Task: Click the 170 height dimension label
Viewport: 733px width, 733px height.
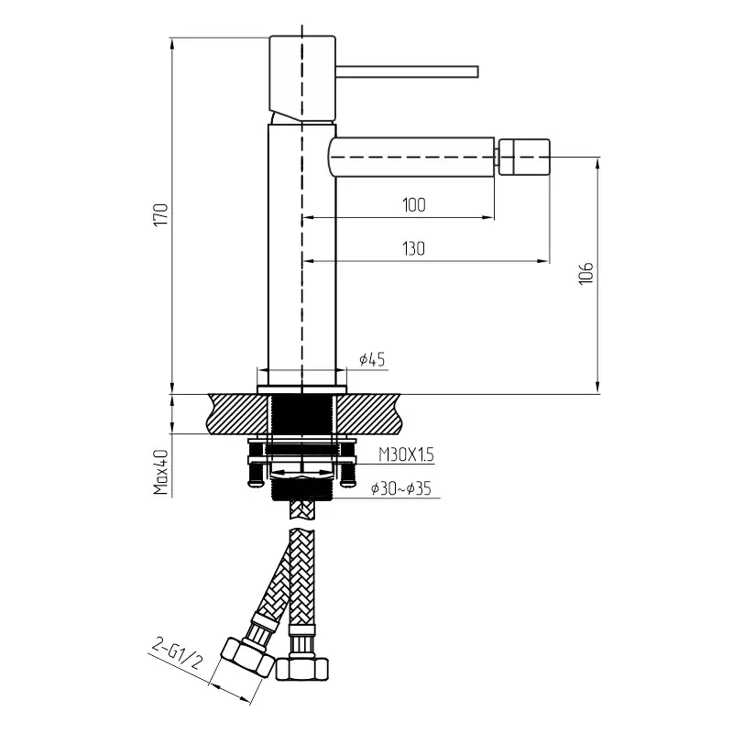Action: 161,214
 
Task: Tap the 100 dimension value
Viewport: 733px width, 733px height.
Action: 414,205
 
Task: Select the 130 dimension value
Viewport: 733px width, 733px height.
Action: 414,248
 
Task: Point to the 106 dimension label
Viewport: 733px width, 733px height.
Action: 585,273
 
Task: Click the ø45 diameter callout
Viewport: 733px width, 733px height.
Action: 372,359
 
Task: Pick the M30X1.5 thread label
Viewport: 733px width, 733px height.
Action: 406,454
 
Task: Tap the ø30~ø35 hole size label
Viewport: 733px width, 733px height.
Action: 401,488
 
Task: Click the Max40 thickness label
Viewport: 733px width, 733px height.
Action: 161,472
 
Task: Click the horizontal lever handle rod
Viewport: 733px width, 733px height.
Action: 407,71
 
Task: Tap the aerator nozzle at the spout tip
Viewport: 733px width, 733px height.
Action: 523,157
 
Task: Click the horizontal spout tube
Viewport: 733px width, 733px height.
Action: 411,157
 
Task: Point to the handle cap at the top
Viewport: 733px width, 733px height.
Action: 302,79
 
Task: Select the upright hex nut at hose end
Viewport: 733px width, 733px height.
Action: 302,669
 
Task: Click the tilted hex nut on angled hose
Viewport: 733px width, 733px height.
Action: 246,657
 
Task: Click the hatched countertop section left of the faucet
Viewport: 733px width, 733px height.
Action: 238,413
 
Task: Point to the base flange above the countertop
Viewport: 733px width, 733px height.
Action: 302,390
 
